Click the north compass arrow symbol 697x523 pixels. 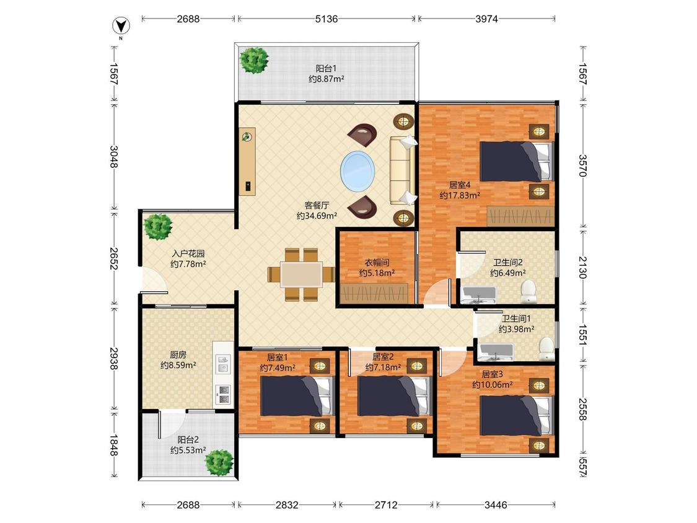(121, 27)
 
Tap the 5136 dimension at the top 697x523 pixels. (327, 19)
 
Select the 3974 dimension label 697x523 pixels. (486, 19)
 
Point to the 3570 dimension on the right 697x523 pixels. (582, 165)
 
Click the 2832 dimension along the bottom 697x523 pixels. (287, 505)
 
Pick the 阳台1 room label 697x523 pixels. (327, 69)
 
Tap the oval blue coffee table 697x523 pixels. (358, 172)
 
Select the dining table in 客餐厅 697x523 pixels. (301, 275)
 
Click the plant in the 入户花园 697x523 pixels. (158, 226)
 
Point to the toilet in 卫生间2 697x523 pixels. (528, 291)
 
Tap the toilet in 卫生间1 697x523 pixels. (546, 349)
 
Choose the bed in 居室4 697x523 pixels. (517, 162)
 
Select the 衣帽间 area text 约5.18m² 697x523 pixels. (377, 273)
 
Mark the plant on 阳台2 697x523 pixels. (219, 462)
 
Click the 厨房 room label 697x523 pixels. (178, 354)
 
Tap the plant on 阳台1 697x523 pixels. (254, 61)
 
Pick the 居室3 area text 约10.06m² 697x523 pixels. (493, 385)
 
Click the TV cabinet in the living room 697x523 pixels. (247, 162)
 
